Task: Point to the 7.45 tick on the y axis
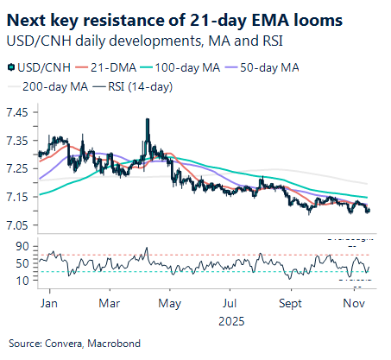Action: pos(18,111)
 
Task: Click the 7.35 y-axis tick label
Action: pos(18,140)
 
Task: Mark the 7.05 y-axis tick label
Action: pos(18,225)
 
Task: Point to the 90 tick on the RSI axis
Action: pos(23,246)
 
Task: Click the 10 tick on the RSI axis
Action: pos(23,281)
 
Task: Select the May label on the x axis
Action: pos(170,304)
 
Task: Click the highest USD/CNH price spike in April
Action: pos(147,119)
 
